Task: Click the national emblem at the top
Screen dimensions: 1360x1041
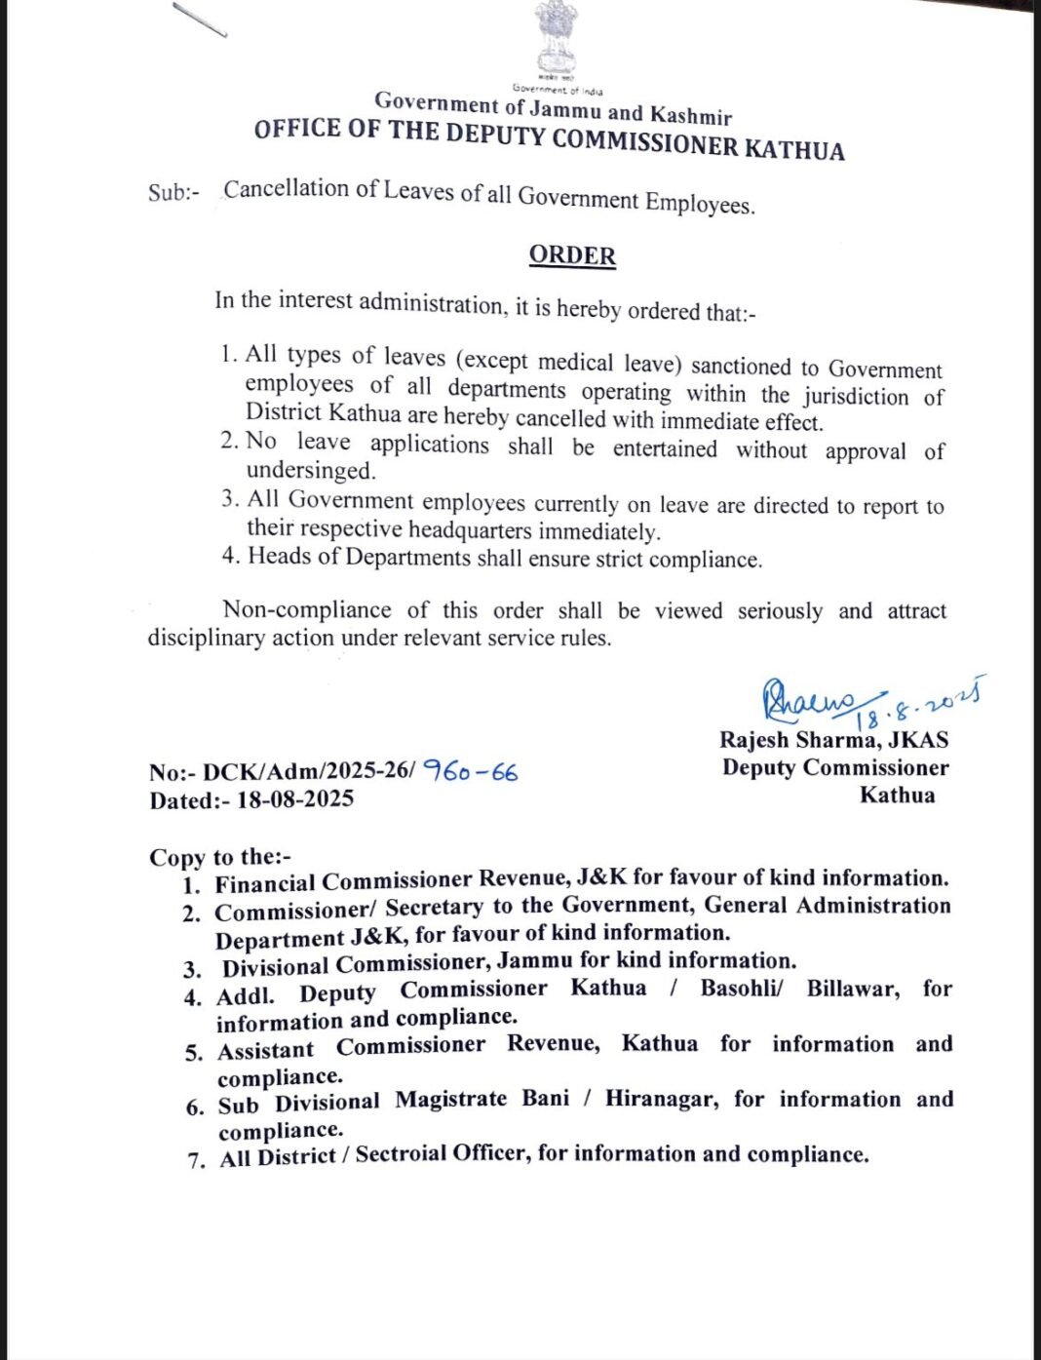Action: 557,39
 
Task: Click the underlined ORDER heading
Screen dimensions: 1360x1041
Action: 572,255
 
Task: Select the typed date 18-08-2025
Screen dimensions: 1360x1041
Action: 295,799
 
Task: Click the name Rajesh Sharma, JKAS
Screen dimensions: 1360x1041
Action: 833,740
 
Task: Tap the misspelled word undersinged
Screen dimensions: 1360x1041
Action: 310,470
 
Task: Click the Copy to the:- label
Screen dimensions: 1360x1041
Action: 219,857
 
